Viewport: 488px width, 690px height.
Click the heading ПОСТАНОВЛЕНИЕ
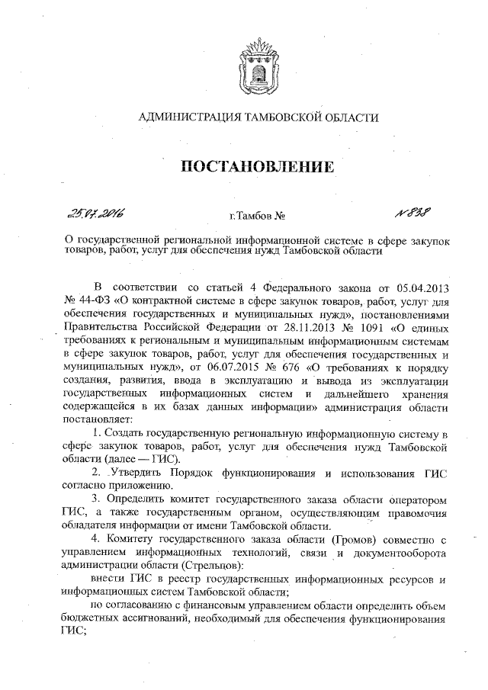click(x=257, y=167)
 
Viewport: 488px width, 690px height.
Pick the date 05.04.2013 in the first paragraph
click(x=423, y=287)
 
